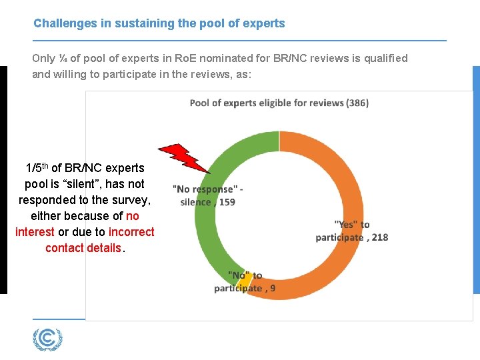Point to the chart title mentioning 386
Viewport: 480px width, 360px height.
pos(279,103)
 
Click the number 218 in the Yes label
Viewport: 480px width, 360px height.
pos(379,237)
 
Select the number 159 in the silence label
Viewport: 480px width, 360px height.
pos(227,202)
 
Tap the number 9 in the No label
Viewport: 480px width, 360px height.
pos(272,289)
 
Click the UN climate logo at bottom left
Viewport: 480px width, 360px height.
pos(47,339)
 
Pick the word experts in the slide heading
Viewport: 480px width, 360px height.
pos(265,23)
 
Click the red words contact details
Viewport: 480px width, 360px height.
pos(83,248)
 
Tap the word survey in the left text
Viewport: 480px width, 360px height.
pos(131,199)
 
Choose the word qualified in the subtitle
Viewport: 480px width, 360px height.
pos(383,58)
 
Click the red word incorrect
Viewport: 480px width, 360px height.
pos(131,232)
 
